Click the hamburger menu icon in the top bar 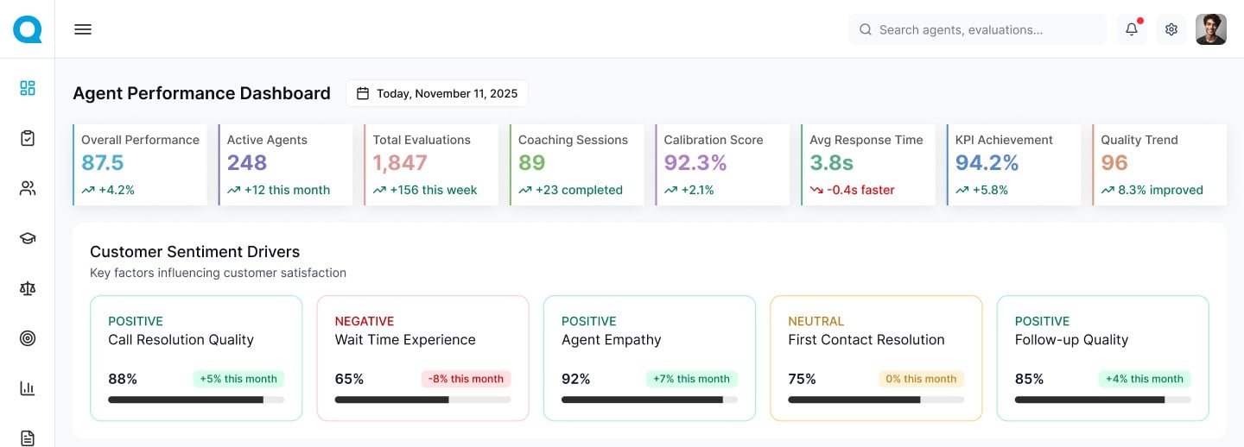click(x=83, y=29)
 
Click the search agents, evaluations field click(x=977, y=29)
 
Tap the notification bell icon click(x=1131, y=29)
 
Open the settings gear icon click(x=1171, y=29)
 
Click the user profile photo click(x=1210, y=29)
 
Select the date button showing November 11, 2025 click(x=436, y=93)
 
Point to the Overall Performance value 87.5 click(x=103, y=163)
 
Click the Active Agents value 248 click(x=247, y=163)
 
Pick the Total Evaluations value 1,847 click(x=400, y=163)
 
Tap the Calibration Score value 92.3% click(x=695, y=163)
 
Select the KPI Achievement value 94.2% click(x=987, y=163)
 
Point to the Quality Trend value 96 click(x=1114, y=163)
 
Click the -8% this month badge click(x=466, y=379)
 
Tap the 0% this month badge click(x=921, y=379)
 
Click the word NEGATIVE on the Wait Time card click(x=365, y=321)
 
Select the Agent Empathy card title click(x=611, y=340)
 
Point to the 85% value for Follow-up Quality click(x=1029, y=379)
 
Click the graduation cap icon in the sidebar click(x=28, y=238)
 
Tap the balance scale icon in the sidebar click(x=28, y=288)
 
